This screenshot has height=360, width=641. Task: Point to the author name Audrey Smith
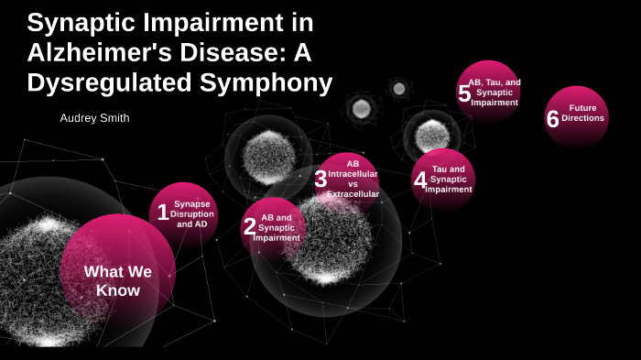click(x=94, y=118)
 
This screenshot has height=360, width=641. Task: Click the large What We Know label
click(x=118, y=280)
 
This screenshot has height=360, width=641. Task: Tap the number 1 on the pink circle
click(x=163, y=213)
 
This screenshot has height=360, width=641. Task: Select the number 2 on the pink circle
click(x=249, y=226)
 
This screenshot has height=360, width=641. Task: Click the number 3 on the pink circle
click(x=320, y=180)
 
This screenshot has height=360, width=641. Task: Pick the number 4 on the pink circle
click(x=420, y=180)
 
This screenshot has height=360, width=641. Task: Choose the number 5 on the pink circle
click(x=464, y=93)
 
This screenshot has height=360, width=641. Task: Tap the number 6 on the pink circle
click(x=552, y=119)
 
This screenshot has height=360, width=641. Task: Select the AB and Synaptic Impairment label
click(x=277, y=227)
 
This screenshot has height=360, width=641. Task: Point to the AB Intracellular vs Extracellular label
click(x=353, y=179)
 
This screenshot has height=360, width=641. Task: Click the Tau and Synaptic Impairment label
click(x=449, y=180)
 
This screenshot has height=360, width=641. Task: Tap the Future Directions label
click(x=583, y=113)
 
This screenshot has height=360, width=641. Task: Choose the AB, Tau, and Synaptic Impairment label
click(x=494, y=92)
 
